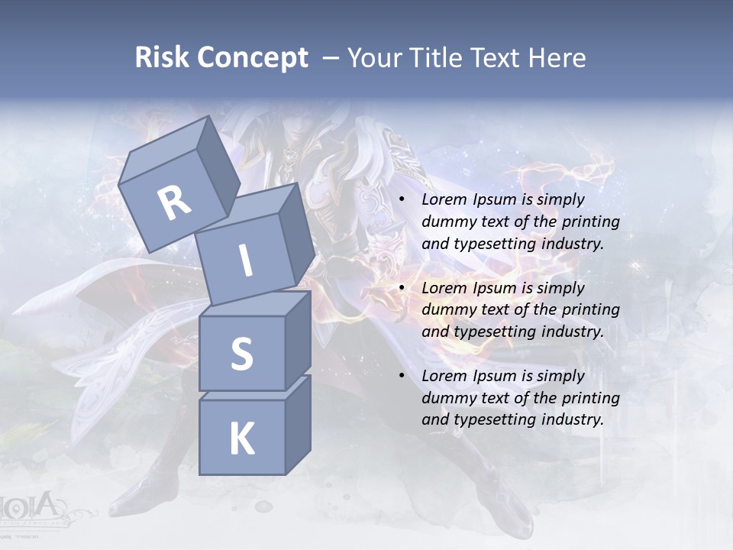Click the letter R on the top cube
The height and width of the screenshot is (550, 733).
click(x=174, y=202)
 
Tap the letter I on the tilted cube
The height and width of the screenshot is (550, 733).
click(x=245, y=260)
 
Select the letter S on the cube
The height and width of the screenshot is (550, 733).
click(x=241, y=354)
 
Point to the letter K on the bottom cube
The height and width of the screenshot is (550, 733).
click(x=241, y=438)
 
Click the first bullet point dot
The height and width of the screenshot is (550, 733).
click(x=402, y=200)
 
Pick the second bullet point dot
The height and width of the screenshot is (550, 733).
click(x=402, y=289)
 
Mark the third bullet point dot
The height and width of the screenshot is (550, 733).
click(x=402, y=377)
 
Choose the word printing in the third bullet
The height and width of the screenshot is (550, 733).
click(x=590, y=398)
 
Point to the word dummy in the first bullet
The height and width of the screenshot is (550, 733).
click(x=447, y=222)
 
